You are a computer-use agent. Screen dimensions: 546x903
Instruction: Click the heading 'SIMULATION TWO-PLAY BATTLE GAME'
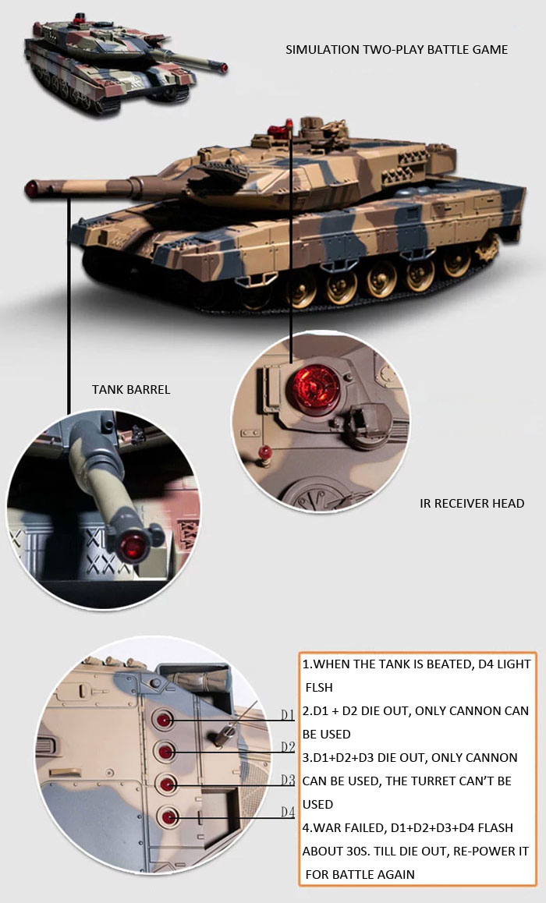(397, 50)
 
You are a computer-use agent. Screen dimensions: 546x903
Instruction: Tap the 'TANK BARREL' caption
(131, 390)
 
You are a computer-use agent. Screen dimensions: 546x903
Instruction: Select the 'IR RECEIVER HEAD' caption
(472, 503)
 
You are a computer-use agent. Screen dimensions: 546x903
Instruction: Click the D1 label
(287, 715)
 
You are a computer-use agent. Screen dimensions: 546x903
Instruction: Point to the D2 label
(288, 747)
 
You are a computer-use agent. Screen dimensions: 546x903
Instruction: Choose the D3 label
(288, 780)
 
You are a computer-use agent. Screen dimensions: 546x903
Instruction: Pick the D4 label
(288, 812)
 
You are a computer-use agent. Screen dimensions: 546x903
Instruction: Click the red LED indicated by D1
(164, 719)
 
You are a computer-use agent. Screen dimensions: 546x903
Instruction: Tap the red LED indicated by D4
(168, 817)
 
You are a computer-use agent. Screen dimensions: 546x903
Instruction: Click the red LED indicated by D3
(167, 784)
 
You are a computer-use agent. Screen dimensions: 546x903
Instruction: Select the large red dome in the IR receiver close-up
(315, 387)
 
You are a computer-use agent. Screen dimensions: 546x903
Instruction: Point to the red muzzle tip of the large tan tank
(31, 188)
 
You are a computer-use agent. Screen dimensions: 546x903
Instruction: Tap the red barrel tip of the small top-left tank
(223, 69)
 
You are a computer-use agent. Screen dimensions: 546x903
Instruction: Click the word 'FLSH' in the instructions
(319, 688)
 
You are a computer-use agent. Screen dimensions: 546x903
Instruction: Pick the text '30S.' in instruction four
(354, 852)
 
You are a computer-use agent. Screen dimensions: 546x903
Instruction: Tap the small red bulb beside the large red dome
(264, 452)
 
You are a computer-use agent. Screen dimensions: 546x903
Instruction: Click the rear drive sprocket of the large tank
(487, 249)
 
